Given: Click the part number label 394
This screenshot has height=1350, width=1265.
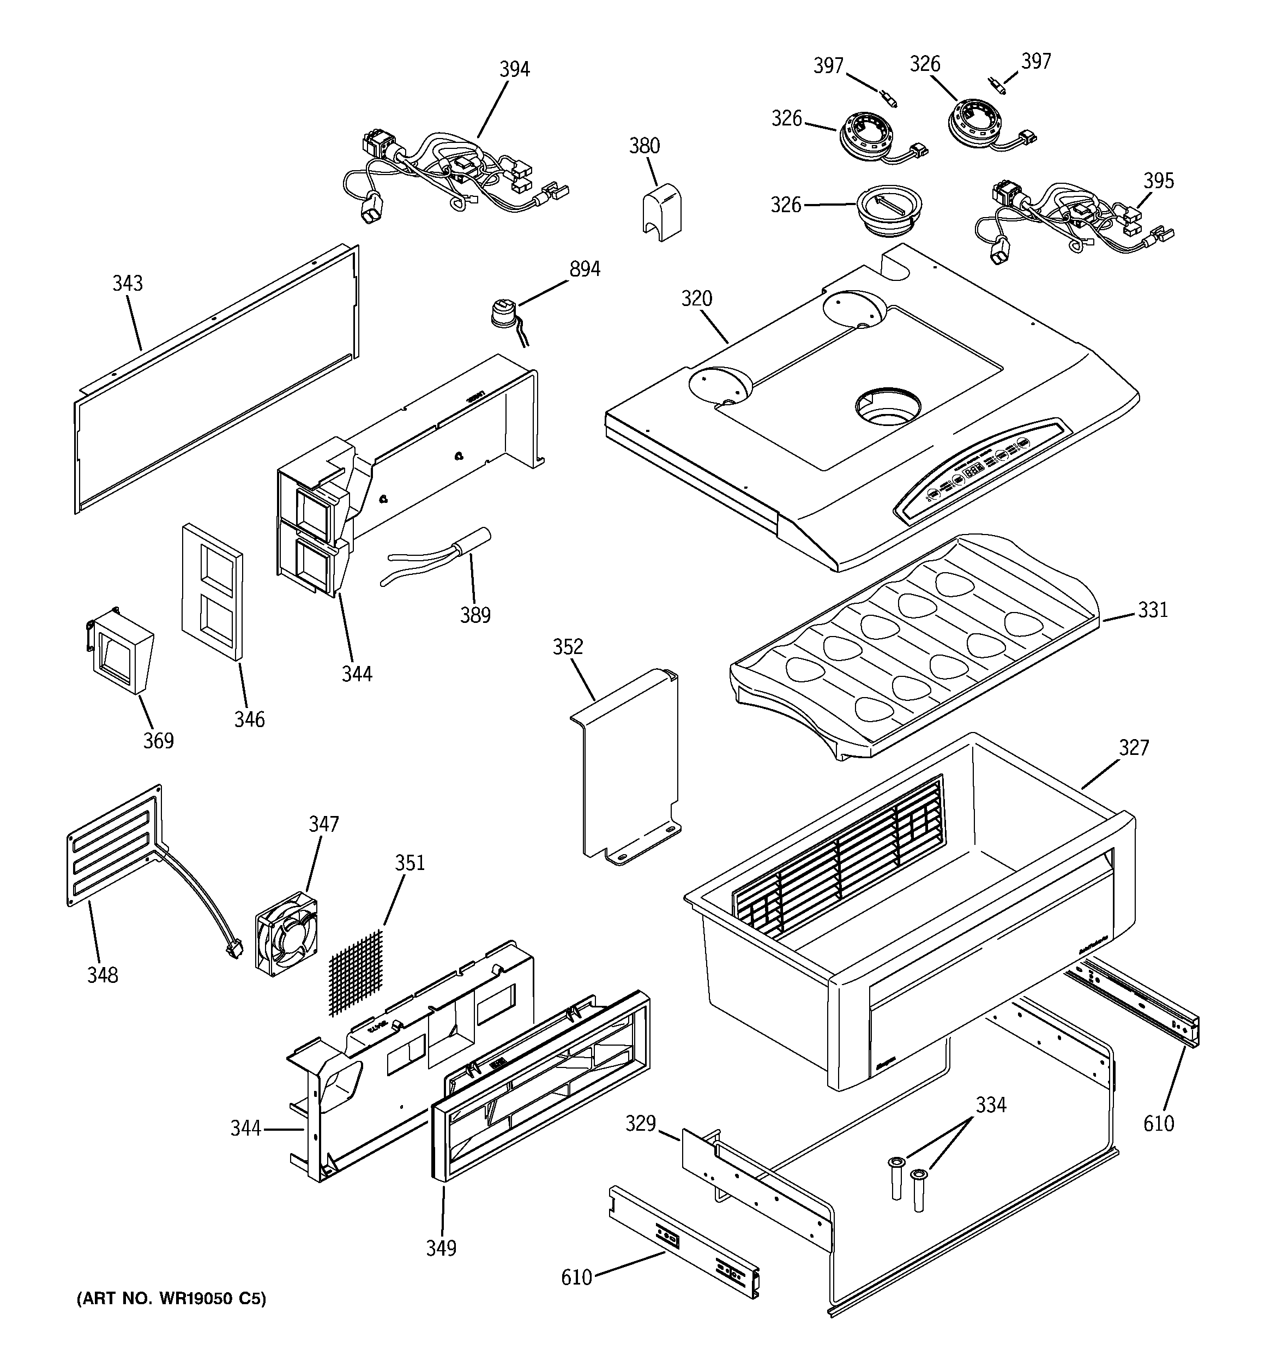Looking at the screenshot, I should click(514, 69).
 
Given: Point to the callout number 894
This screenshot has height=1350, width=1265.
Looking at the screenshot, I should click(584, 269).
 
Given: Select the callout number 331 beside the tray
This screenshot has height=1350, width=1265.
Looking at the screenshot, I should click(1152, 610).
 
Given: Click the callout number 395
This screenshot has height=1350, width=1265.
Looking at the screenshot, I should click(1158, 181).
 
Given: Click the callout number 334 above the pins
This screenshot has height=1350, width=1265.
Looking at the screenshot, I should click(990, 1106).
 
